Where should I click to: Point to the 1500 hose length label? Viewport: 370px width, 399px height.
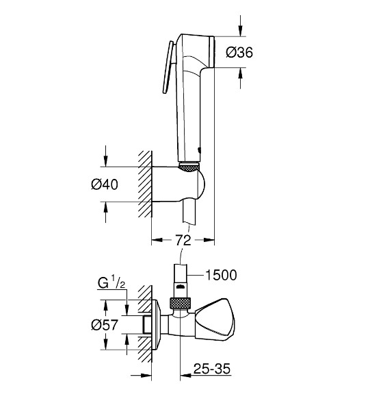(221, 275)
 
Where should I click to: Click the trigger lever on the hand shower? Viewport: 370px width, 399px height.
(166, 69)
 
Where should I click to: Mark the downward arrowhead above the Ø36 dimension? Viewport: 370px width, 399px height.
(240, 32)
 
